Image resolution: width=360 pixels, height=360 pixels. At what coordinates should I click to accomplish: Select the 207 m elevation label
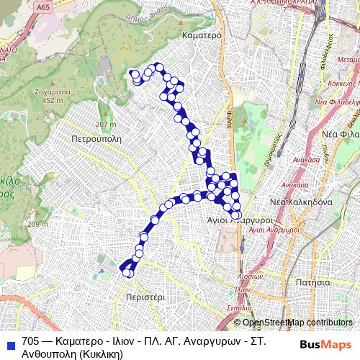105,105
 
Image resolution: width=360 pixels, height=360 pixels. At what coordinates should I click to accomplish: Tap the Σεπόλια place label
238,307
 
